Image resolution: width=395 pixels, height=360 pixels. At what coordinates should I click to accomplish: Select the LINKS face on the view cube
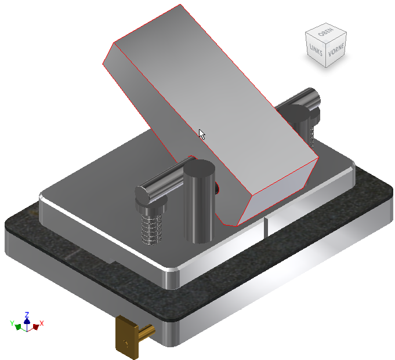point(316,49)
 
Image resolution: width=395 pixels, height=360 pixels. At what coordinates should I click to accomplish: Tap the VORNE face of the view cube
point(335,52)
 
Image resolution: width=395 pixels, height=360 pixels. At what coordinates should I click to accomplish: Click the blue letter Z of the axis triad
point(27,314)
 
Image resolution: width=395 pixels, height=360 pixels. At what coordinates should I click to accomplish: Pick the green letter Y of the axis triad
point(13,322)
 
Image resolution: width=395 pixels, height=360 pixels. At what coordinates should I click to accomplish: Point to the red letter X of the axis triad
point(42,323)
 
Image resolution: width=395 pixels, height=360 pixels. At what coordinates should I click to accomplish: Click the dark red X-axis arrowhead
point(35,327)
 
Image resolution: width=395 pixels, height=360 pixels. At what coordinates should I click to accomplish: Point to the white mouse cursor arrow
point(201,134)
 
